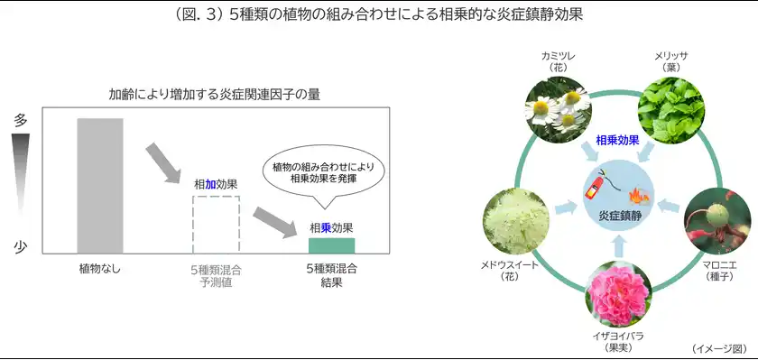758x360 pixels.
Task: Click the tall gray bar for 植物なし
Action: point(99,185)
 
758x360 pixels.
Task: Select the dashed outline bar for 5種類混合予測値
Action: point(217,224)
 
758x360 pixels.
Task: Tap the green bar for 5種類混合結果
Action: point(331,245)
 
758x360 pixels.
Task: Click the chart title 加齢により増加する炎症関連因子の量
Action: point(215,93)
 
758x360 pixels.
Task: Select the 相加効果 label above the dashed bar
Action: point(217,184)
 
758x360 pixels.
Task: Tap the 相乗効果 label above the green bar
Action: point(331,227)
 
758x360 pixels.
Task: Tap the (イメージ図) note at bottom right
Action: point(720,347)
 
